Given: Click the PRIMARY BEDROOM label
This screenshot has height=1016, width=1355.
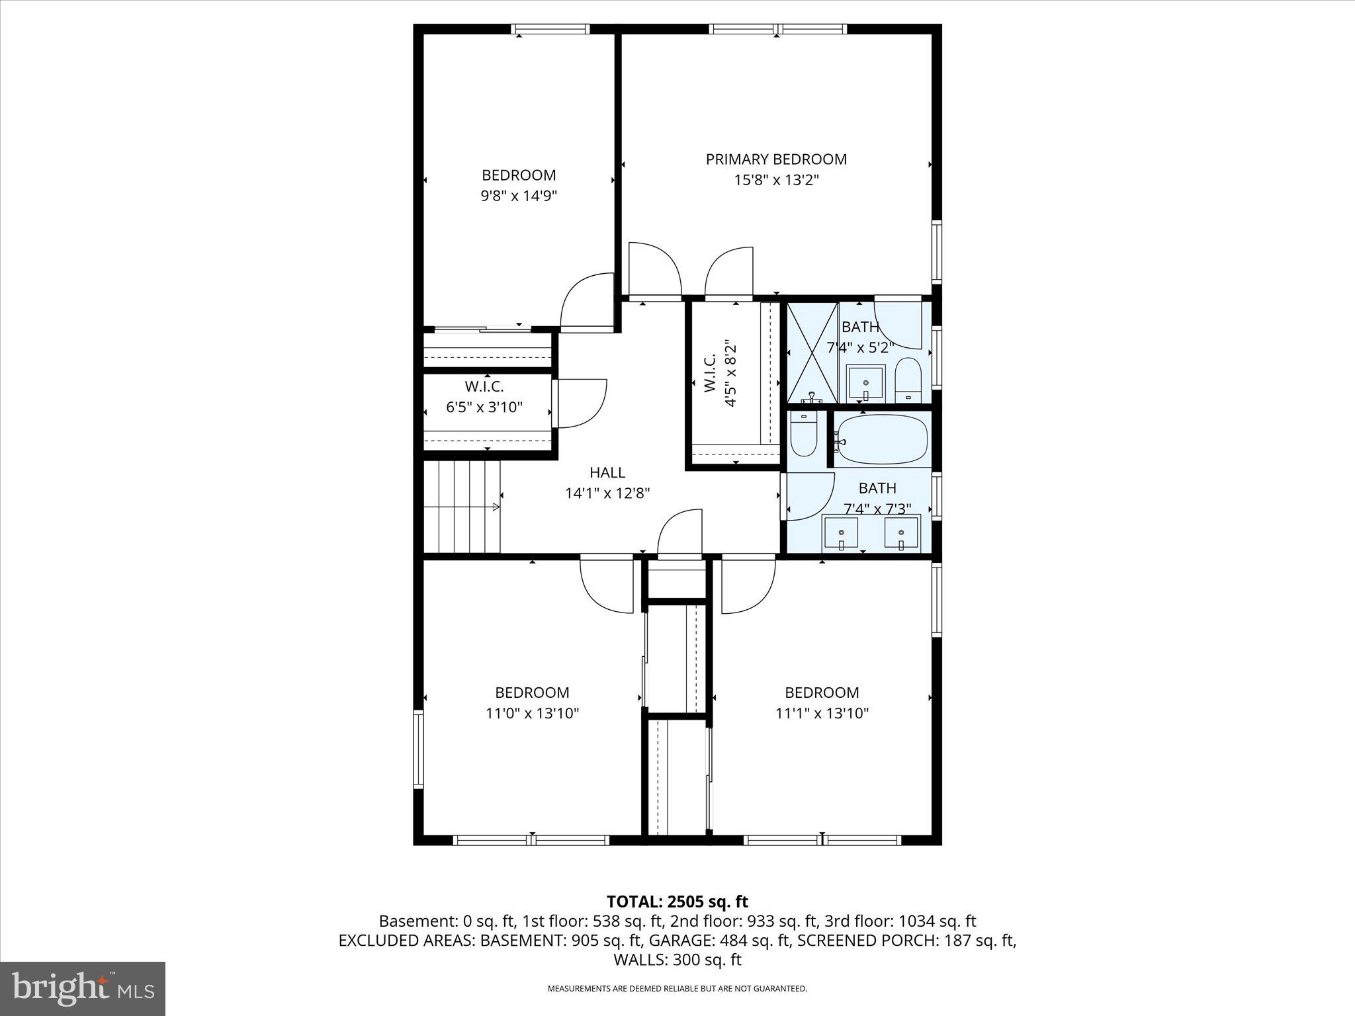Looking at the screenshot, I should click(x=776, y=159).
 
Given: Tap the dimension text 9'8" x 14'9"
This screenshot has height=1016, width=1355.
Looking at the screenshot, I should click(x=519, y=196).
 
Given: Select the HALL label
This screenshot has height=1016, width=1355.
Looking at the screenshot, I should click(x=607, y=472).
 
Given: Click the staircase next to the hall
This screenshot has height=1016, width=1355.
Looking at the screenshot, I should click(x=462, y=507).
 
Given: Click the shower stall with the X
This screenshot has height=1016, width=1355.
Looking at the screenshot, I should click(x=812, y=353).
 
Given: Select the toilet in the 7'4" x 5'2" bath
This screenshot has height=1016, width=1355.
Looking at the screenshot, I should click(x=908, y=380).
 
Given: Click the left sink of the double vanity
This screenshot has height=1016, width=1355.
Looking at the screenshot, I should click(x=840, y=533).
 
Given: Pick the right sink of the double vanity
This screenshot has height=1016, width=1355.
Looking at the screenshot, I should click(x=901, y=533).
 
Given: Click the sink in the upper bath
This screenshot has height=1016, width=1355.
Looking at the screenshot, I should click(x=866, y=382).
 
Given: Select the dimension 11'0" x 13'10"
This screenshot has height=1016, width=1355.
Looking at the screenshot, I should click(x=532, y=713).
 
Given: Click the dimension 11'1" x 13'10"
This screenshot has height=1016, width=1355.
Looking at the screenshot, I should click(x=822, y=713).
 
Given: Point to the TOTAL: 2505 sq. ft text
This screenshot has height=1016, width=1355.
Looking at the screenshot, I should click(x=677, y=901).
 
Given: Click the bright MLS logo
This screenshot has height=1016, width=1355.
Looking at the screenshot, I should click(x=83, y=989).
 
